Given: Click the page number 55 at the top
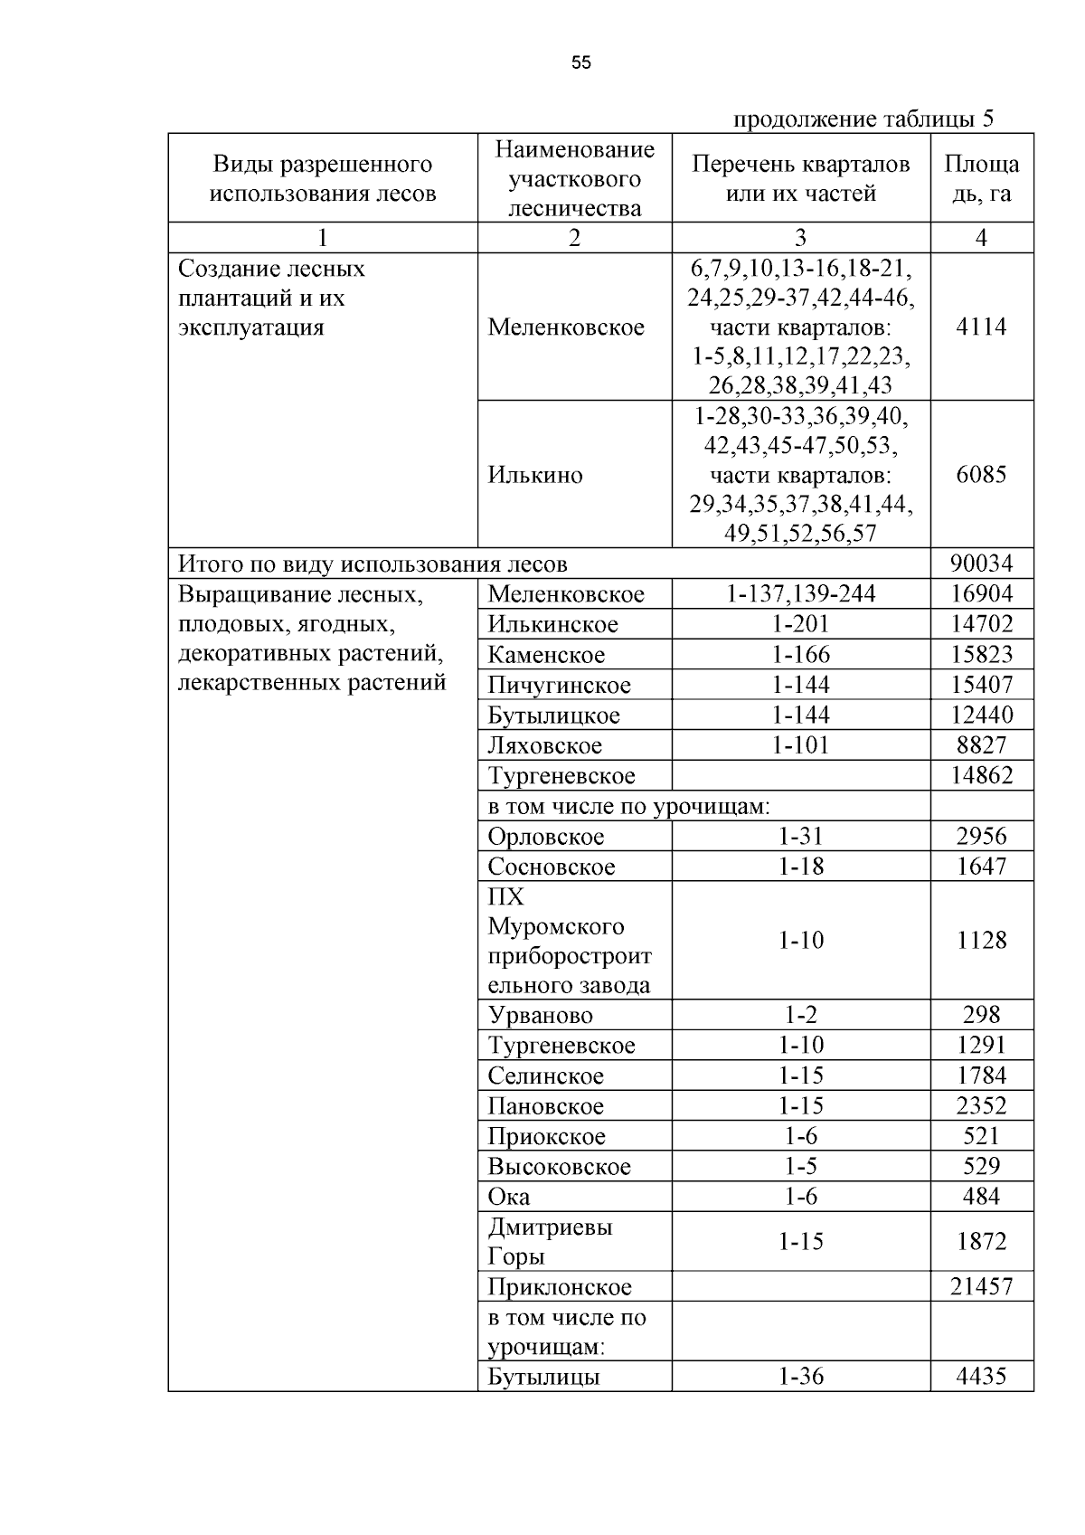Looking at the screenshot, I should pos(581,62).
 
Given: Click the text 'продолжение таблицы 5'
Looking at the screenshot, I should pos(863,119).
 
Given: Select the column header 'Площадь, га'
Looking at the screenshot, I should pos(981,178).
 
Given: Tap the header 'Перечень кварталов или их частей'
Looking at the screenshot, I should pos(800,178).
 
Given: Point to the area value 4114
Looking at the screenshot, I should pos(981,327).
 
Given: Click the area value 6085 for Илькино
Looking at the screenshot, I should pos(981,474).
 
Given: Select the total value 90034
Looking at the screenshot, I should pos(981,564).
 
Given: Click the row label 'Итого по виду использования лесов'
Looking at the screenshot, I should pos(373,564).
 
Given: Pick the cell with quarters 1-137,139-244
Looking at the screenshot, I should pos(800,594).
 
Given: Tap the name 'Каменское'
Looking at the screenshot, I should pos(546,655).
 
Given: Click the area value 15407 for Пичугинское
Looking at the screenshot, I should pos(981,685).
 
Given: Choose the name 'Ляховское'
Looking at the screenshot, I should pos(544,745).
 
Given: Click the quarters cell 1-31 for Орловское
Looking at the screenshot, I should pos(800,837).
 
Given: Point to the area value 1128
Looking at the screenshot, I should pos(981,941).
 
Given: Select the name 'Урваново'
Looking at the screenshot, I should pos(540,1016).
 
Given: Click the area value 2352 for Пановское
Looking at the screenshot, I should pos(981,1106).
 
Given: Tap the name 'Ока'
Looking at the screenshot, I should pos(508,1197).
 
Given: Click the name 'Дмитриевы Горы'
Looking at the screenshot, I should pos(550,1241).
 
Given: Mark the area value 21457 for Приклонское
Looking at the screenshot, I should pos(981,1286).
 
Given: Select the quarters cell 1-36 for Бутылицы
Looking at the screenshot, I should pos(800,1377).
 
